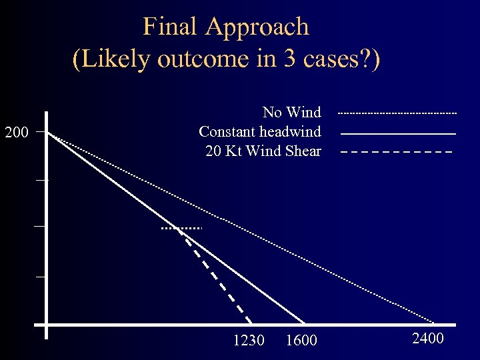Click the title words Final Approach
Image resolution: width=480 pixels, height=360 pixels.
pyautogui.click(x=226, y=27)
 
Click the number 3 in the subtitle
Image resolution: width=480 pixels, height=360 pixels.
pyautogui.click(x=291, y=59)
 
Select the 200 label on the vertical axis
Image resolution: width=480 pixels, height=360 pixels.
pyautogui.click(x=16, y=133)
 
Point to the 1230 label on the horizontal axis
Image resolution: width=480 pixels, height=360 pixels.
pyautogui.click(x=249, y=341)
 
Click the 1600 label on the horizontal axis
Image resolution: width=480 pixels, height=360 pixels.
pyautogui.click(x=301, y=341)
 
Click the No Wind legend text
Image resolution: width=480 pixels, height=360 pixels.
pyautogui.click(x=291, y=112)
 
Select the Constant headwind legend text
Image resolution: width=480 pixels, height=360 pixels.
pyautogui.click(x=259, y=131)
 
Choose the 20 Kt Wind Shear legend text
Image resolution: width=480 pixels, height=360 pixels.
pyautogui.click(x=263, y=151)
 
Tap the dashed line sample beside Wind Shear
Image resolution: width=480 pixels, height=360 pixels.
pyautogui.click(x=397, y=152)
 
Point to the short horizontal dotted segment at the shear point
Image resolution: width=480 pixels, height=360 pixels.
pyautogui.click(x=181, y=229)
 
